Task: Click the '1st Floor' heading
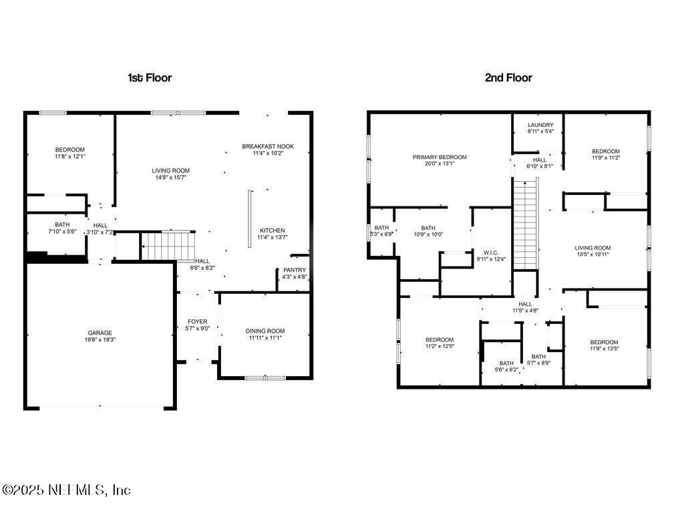(150, 77)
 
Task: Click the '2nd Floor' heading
(508, 77)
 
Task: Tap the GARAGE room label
(100, 333)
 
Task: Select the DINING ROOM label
(265, 331)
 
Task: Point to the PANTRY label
(294, 270)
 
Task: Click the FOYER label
(197, 322)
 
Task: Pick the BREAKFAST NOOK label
(268, 146)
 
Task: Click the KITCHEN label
(273, 230)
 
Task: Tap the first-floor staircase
(168, 245)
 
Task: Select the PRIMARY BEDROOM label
(440, 157)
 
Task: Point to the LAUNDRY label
(540, 125)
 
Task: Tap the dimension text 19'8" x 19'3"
(100, 339)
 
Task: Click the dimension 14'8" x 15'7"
(171, 178)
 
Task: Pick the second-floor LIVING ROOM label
(592, 248)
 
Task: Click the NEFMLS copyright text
(66, 490)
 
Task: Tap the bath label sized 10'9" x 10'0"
(428, 228)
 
